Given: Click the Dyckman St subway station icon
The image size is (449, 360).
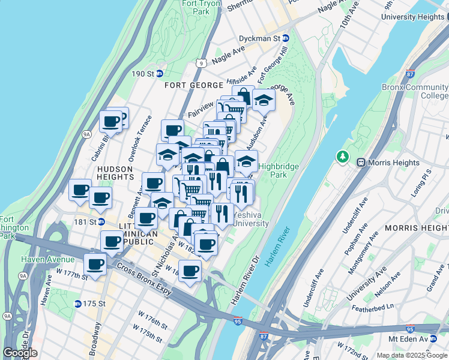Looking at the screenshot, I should [286, 38].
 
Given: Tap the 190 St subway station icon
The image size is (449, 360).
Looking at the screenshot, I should [160, 74].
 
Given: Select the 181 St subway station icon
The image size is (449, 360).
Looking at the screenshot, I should [101, 221].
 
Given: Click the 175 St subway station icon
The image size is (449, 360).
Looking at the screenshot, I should [78, 304].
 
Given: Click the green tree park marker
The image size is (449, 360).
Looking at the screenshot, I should [343, 157].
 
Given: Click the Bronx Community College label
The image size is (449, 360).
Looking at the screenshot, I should [415, 91].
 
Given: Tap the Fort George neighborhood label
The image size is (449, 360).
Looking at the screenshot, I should [193, 86].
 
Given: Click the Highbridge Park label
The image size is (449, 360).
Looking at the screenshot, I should [274, 170].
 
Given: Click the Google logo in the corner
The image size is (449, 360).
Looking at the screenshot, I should [20, 353].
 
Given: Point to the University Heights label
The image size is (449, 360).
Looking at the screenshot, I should [414, 17].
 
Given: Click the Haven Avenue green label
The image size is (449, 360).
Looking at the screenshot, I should [48, 259].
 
